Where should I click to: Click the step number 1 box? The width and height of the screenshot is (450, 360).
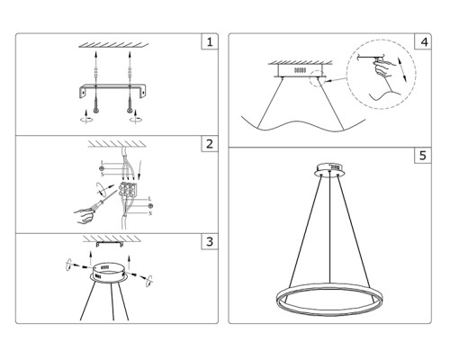click(x=209, y=42)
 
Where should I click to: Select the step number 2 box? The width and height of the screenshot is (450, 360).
click(x=209, y=144)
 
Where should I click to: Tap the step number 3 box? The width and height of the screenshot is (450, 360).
click(x=209, y=241)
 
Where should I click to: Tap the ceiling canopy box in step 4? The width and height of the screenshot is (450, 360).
click(x=300, y=68)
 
